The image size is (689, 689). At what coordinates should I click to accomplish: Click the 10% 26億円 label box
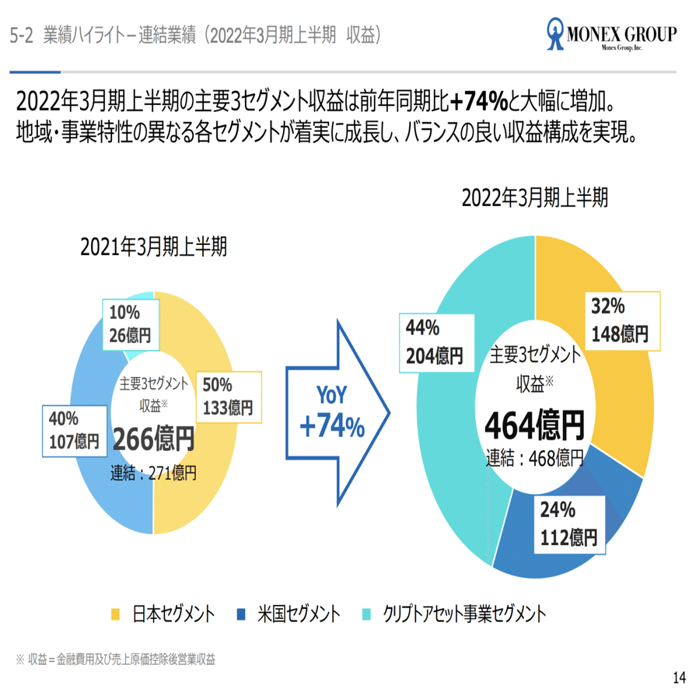(130, 324)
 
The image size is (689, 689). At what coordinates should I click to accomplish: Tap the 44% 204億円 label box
(434, 343)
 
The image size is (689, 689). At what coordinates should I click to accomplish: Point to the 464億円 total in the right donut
(533, 425)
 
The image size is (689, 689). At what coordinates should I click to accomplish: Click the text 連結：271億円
(154, 471)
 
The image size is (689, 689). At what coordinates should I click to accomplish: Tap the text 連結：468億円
(534, 456)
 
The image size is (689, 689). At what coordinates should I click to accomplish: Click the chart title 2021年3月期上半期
(154, 247)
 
